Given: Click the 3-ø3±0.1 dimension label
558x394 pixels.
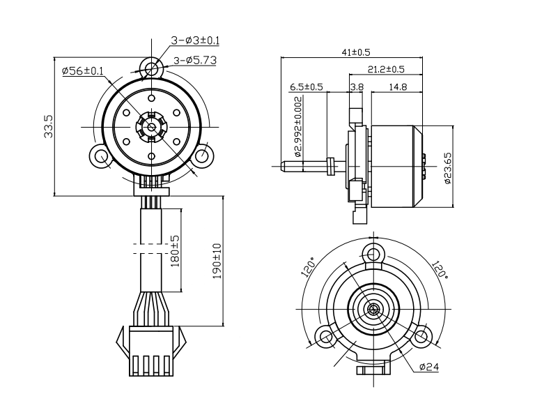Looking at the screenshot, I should pos(190,40).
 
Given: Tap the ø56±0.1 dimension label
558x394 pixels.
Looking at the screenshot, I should pos(83,71).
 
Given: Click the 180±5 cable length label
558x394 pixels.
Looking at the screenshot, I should pos(175,251).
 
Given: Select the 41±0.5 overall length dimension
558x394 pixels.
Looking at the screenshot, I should pos(355,52).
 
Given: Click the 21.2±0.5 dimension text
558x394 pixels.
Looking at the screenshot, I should pos(385,69).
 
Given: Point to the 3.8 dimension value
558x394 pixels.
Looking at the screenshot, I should pos(357,87).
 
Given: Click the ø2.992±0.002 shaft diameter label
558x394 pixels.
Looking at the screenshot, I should pos(298,127).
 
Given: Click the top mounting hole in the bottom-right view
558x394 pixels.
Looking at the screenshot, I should pos(374,252).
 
